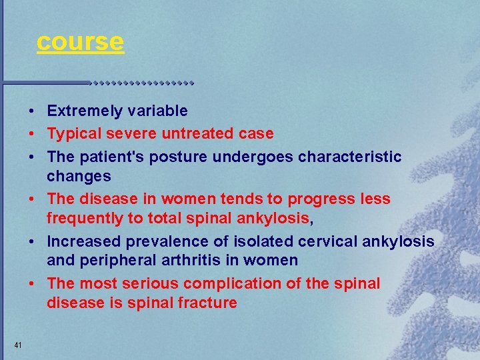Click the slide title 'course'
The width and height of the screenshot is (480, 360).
(80, 41)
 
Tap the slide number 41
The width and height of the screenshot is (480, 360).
(18, 345)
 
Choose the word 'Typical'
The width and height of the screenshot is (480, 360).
(73, 133)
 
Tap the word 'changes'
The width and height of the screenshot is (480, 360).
(79, 177)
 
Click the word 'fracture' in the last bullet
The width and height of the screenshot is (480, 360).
(208, 303)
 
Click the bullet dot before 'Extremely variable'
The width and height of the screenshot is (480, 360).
(31, 111)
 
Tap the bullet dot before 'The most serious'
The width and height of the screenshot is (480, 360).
(31, 283)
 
